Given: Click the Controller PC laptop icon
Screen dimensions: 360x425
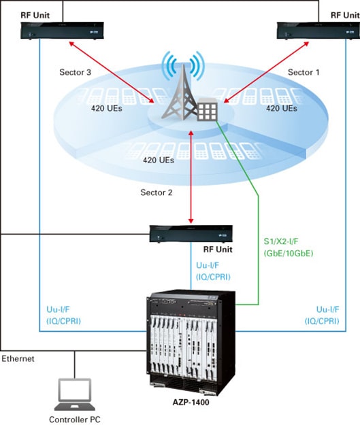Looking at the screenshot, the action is (75, 394).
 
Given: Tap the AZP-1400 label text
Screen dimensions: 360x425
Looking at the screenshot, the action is (191, 403).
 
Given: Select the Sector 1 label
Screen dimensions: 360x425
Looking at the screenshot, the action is (304, 72).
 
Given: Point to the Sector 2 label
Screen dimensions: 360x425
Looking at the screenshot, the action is (157, 192).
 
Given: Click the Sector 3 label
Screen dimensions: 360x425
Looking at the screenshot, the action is (75, 72).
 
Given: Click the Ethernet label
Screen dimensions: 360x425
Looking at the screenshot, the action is (18, 359).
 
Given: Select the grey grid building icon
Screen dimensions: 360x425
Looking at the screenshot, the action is (208, 109).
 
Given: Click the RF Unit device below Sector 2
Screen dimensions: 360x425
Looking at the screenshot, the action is (191, 234).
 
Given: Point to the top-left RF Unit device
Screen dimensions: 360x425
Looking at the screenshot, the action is (62, 31).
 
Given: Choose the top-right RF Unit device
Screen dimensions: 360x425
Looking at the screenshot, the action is (318, 31).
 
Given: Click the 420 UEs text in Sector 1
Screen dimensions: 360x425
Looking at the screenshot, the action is (282, 108).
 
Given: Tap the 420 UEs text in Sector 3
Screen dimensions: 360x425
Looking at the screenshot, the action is (107, 108).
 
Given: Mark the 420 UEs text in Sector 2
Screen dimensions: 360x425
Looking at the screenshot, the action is (159, 160).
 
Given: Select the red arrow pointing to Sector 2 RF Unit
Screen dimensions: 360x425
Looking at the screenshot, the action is (191, 177).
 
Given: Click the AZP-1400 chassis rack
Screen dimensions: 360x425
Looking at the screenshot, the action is (191, 342).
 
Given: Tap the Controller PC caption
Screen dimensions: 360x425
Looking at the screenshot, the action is (75, 420).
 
